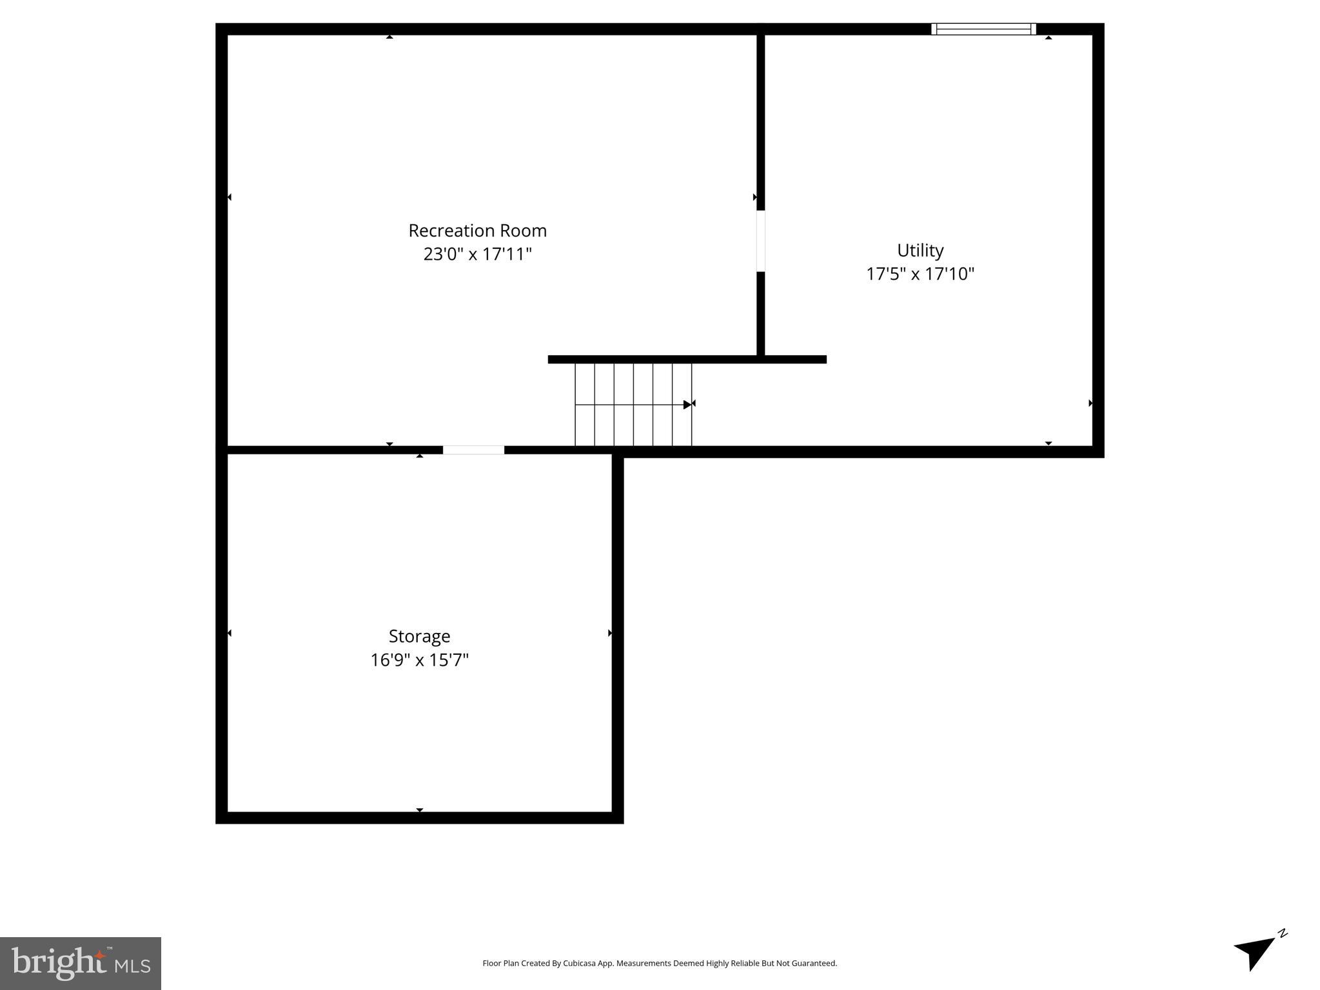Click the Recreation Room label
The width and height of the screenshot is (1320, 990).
[477, 231]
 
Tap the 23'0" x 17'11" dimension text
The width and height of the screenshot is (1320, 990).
[477, 254]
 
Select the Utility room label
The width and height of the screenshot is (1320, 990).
[920, 250]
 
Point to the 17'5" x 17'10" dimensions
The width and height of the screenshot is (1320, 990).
[920, 274]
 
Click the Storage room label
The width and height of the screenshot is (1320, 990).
[419, 636]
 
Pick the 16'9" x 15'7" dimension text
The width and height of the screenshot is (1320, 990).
[419, 660]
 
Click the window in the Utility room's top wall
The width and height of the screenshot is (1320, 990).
[983, 29]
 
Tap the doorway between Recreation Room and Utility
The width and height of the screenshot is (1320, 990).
[760, 241]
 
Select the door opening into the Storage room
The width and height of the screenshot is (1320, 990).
[473, 450]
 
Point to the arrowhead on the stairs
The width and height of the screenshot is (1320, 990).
[687, 405]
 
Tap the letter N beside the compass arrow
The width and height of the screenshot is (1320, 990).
[1283, 933]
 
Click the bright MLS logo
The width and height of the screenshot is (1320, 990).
[81, 963]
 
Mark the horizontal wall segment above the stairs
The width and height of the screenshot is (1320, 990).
[687, 360]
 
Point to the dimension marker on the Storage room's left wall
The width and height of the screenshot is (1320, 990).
[230, 634]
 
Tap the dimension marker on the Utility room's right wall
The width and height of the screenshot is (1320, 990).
[1090, 403]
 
